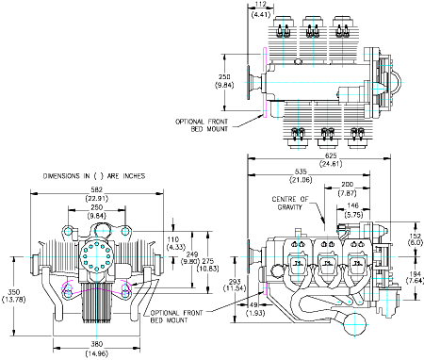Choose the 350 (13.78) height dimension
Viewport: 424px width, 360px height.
point(13,295)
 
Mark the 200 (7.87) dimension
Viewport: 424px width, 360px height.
point(348,188)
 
